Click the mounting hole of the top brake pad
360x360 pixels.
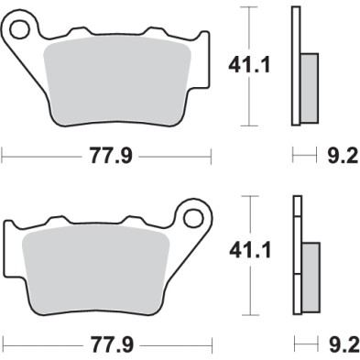tap(20, 31)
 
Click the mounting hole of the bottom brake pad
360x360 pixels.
tap(192, 218)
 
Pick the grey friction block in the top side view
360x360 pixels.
tap(309, 87)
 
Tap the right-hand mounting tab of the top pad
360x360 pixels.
tap(202, 55)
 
